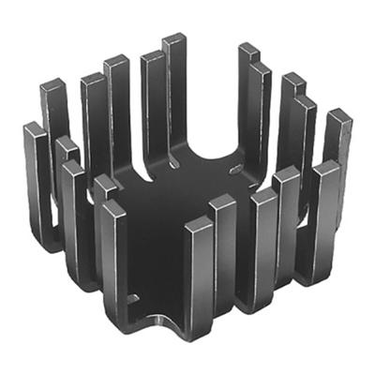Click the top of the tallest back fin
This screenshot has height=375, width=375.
tap(173, 38)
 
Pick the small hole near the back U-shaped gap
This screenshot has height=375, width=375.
tap(235, 168)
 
